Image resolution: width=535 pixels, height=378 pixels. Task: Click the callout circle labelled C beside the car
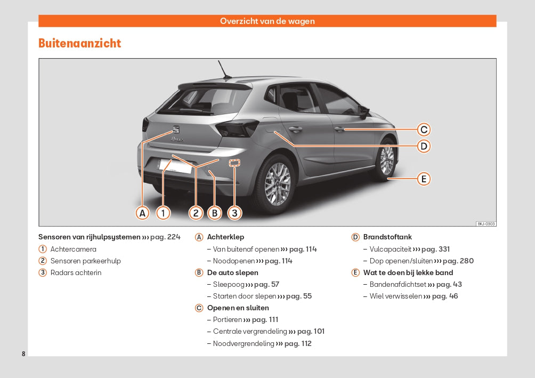(424, 130)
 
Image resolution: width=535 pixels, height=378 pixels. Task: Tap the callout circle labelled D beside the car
(424, 146)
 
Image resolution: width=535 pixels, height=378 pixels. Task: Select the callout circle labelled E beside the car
(424, 179)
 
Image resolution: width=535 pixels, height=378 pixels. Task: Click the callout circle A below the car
(142, 213)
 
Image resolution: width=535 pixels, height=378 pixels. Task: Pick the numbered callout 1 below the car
(163, 213)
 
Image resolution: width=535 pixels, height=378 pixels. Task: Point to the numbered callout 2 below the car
(196, 213)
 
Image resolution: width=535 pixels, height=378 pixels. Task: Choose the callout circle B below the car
(215, 213)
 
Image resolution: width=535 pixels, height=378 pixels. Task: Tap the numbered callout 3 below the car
(234, 213)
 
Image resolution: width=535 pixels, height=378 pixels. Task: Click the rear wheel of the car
(277, 183)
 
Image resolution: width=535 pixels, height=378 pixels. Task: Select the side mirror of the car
(364, 111)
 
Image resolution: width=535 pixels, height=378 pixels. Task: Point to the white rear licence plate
(175, 166)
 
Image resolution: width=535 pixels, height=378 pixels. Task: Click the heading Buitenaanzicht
(80, 44)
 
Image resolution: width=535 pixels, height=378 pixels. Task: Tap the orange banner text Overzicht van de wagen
(267, 21)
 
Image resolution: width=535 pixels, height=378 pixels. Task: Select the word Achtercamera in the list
(74, 249)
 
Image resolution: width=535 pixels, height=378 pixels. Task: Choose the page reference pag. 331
(435, 249)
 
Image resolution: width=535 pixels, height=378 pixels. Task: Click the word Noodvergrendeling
(244, 344)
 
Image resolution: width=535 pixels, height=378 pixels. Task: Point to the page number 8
(23, 354)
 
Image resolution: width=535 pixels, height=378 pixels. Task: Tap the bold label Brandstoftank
(387, 237)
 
